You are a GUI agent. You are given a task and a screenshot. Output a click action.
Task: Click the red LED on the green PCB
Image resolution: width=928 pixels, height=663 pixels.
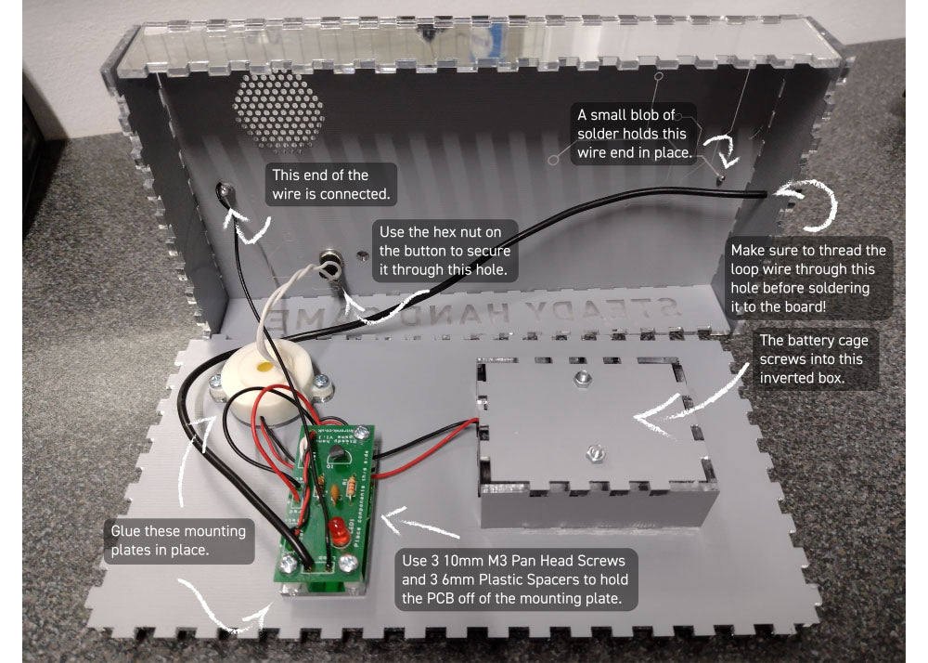coord(337,533)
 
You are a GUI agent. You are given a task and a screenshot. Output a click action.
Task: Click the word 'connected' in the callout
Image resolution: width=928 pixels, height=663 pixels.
coord(361,194)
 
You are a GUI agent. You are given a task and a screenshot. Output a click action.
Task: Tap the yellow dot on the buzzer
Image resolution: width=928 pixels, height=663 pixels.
coord(264,369)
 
